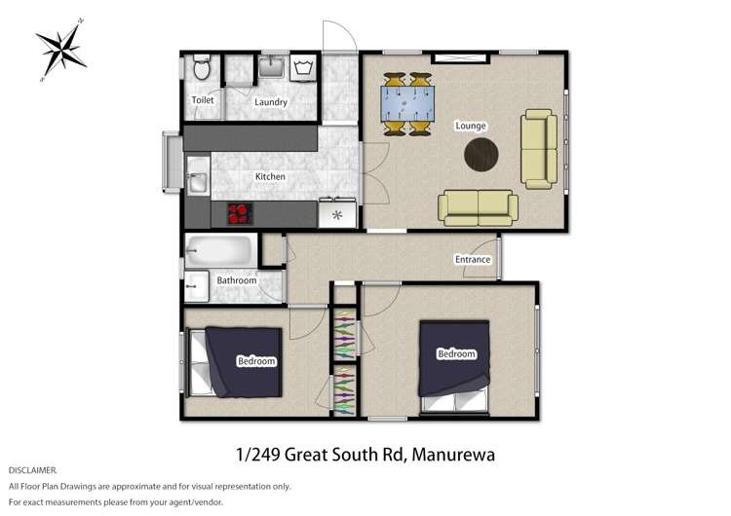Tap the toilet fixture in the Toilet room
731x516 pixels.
(x=202, y=71)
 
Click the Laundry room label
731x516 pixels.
(x=270, y=101)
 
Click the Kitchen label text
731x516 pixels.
(x=270, y=176)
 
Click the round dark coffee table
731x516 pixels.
(x=481, y=151)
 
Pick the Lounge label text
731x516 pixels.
(x=470, y=126)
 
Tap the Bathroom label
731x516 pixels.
(x=236, y=280)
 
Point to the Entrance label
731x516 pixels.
(x=472, y=259)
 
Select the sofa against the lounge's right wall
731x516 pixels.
(x=537, y=148)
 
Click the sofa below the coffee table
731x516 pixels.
(x=477, y=205)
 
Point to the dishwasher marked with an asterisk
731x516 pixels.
(x=337, y=213)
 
